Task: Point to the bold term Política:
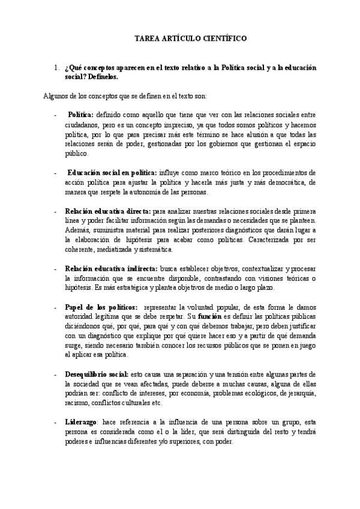tap(80, 114)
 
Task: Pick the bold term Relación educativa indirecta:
tap(111, 268)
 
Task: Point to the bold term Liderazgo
tap(80, 422)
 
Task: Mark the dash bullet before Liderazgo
tap(56, 422)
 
